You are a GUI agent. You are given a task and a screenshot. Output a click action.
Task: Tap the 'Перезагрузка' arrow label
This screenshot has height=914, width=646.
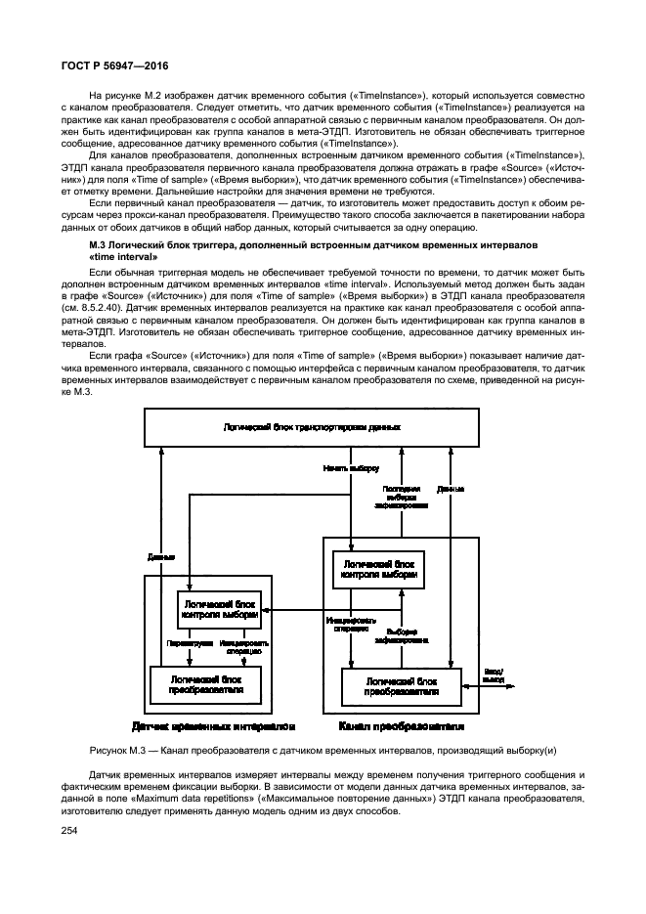pyautogui.click(x=183, y=644)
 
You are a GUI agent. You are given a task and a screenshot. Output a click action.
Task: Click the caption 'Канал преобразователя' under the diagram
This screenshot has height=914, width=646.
pyautogui.click(x=400, y=726)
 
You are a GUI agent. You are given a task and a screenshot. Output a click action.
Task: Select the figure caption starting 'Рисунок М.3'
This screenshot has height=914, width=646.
pyautogui.click(x=323, y=750)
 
